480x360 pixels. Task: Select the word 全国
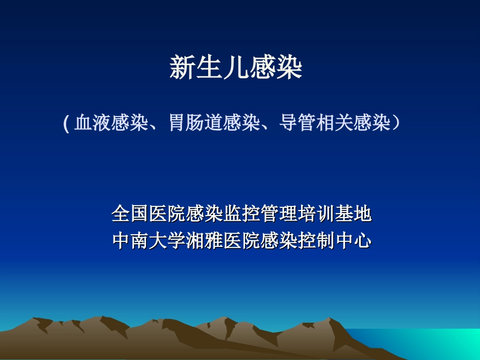pos(130,214)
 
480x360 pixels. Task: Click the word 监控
pos(242,214)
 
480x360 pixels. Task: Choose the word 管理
pos(278,214)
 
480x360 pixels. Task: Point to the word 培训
pos(316,214)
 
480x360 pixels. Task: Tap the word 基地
pos(353,214)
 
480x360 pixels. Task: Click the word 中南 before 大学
pos(130,241)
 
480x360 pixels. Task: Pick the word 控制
pos(316,241)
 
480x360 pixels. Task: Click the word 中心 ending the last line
pos(353,241)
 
